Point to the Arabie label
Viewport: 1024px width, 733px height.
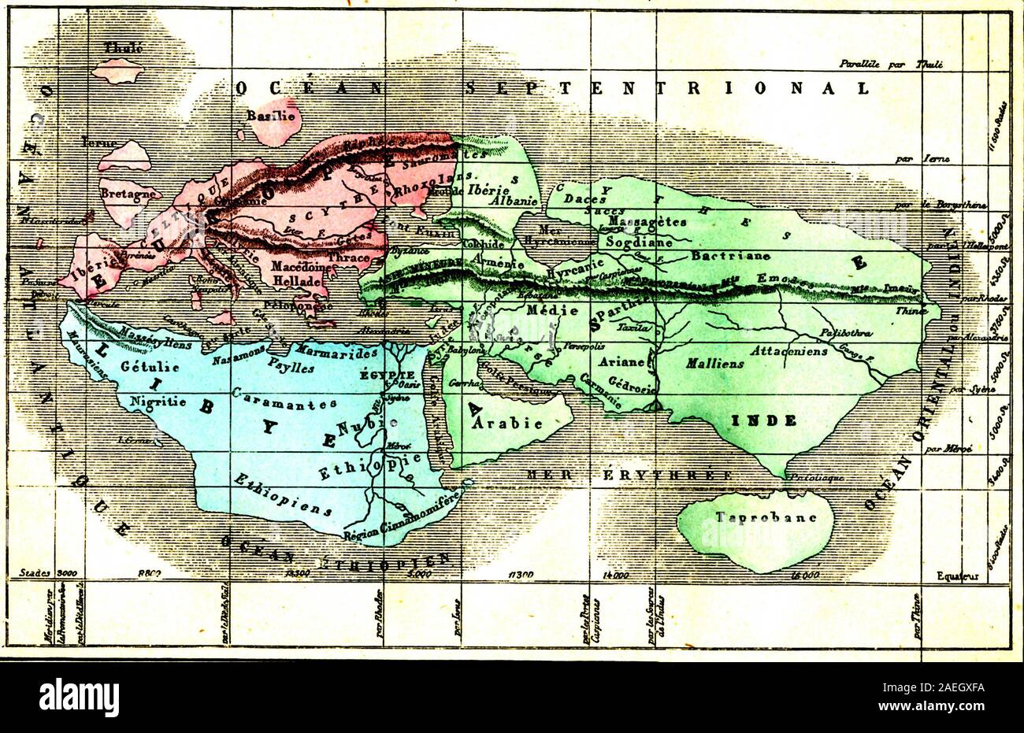tap(507, 423)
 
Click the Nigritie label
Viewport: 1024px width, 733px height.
tap(141, 401)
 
